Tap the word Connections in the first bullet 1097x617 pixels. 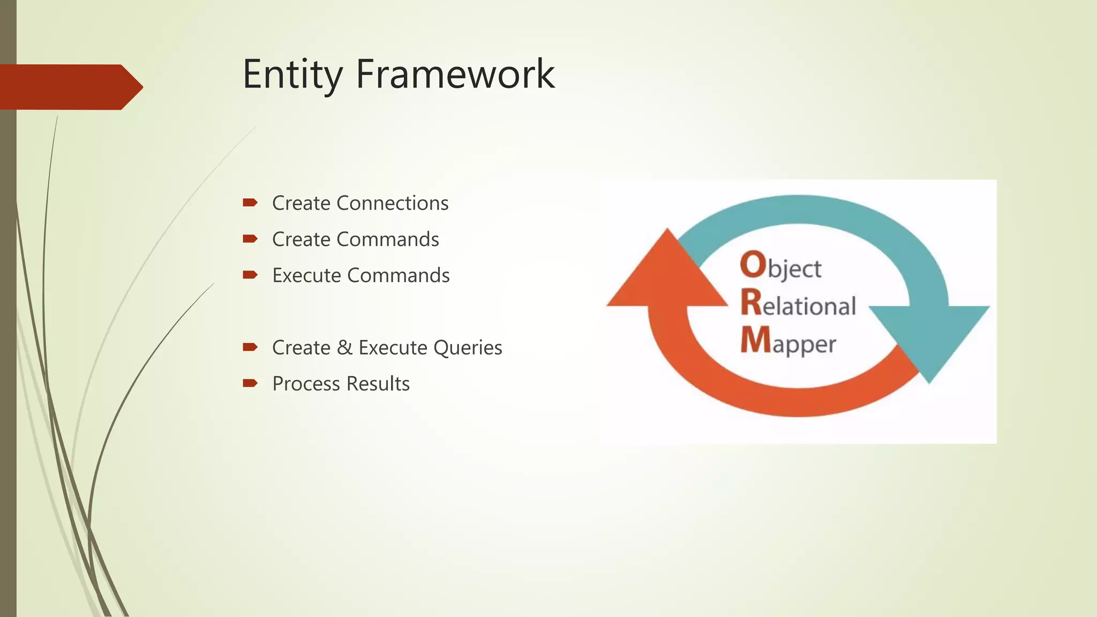393,203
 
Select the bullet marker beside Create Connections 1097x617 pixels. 250,202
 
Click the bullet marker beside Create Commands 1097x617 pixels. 250,239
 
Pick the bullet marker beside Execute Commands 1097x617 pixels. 250,275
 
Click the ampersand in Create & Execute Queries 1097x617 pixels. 344,348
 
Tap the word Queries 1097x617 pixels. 468,348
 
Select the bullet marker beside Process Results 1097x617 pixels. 250,383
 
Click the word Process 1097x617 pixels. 306,384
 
